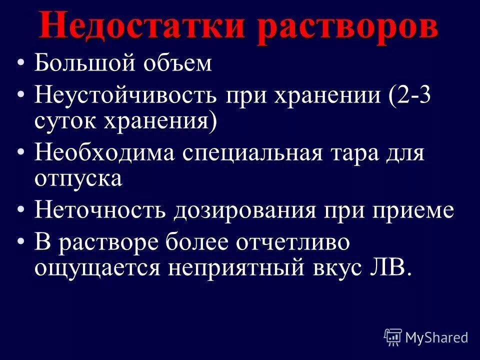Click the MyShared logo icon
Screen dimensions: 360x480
(x=392, y=337)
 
